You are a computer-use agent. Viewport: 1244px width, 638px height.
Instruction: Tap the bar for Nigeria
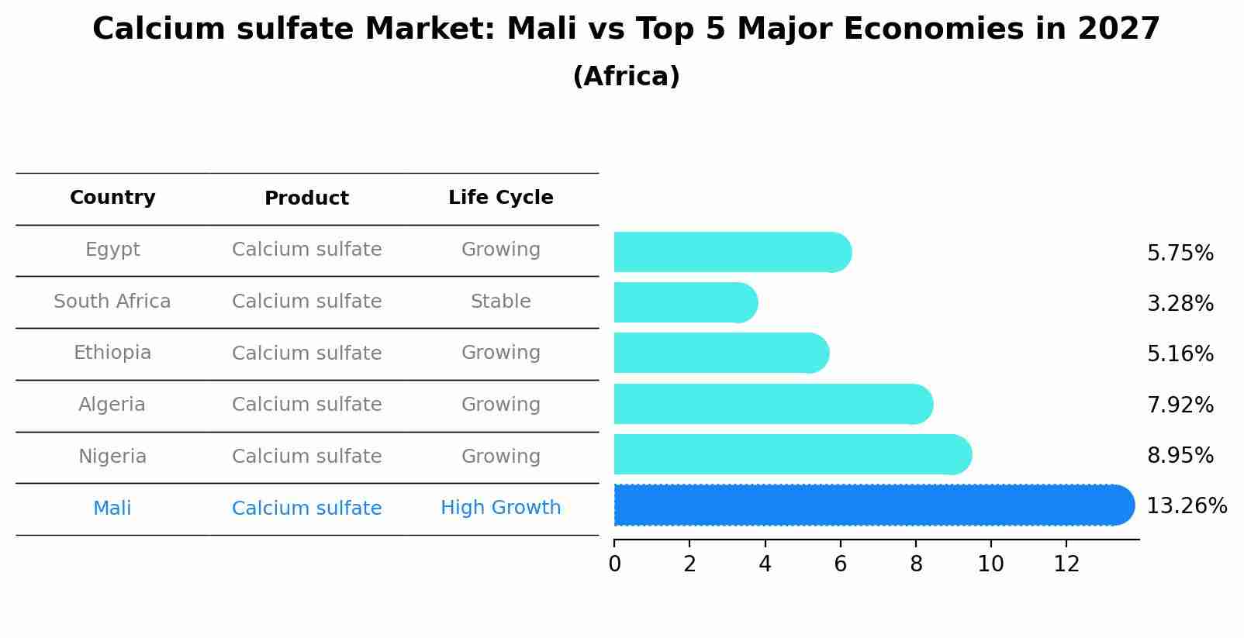click(791, 454)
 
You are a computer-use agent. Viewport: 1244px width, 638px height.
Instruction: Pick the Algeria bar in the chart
click(772, 404)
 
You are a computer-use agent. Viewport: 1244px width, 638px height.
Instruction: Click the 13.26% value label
click(1186, 506)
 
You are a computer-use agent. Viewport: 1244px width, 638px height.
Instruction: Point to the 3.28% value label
click(1180, 304)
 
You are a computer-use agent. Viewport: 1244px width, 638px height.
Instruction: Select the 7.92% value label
click(1180, 405)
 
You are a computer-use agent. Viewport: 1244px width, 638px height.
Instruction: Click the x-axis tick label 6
click(840, 564)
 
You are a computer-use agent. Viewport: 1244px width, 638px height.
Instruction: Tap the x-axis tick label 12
click(1066, 564)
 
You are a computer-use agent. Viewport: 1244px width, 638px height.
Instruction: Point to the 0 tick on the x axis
click(614, 564)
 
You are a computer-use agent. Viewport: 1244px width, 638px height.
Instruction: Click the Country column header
click(112, 198)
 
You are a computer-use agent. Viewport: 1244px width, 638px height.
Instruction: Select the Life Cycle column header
click(500, 198)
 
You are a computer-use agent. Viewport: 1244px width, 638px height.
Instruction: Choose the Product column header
click(306, 198)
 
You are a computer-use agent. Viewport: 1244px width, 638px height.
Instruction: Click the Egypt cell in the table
click(112, 250)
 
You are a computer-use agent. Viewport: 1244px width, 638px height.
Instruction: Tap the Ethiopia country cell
click(112, 353)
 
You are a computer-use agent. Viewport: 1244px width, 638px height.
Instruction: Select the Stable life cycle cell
click(500, 302)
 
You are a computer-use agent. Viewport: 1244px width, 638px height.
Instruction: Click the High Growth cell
click(500, 508)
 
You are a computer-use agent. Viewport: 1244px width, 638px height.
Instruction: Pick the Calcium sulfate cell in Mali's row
click(306, 509)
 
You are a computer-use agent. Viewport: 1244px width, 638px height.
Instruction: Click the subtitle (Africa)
click(626, 77)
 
